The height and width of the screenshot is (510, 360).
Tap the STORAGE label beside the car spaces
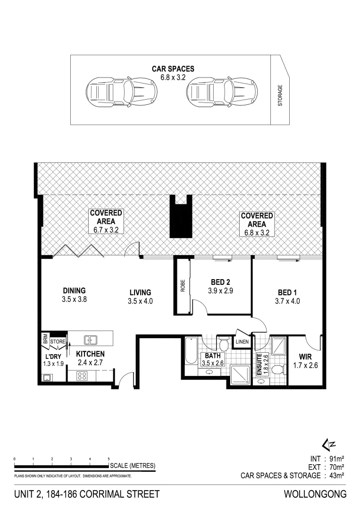[x=280, y=95]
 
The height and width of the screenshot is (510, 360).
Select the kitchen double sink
[x=91, y=340]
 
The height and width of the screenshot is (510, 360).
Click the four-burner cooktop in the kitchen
[x=82, y=376]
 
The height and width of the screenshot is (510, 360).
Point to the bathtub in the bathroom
[x=191, y=351]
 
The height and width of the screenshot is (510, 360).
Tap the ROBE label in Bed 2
[x=183, y=286]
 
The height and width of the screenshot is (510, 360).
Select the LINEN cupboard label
[x=242, y=342]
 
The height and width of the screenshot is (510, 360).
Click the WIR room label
[x=305, y=357]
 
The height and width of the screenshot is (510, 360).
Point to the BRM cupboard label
[x=45, y=339]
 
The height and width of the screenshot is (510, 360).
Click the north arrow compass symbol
[x=329, y=443]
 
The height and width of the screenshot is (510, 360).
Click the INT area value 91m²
[x=336, y=459]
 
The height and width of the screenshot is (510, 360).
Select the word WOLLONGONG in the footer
[x=315, y=494]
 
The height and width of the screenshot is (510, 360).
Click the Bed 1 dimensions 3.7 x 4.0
[x=287, y=301]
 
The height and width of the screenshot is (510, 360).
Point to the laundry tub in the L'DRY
[x=47, y=378]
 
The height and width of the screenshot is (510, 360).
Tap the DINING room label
[x=74, y=290]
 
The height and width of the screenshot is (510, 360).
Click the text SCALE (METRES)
[x=133, y=466]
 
